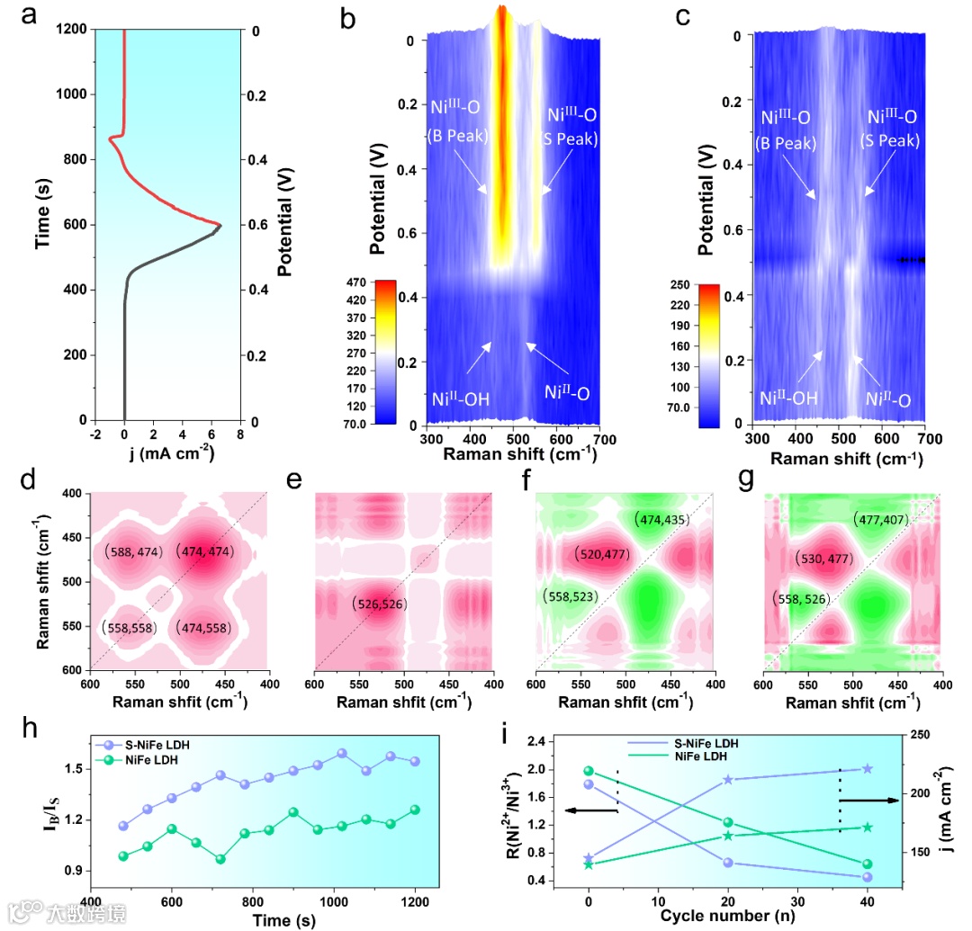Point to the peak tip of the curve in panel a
tap(220, 224)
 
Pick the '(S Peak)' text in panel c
tap(893, 141)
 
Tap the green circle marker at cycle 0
tap(589, 771)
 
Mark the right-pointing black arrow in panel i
tap(868, 800)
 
